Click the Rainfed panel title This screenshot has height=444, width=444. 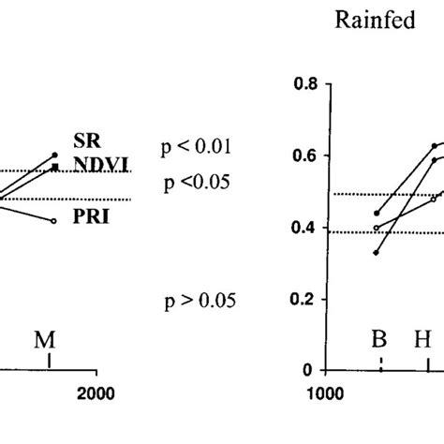[376, 22]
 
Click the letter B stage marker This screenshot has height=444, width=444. [378, 339]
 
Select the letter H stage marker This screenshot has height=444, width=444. [422, 339]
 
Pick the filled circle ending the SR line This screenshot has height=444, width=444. [55, 155]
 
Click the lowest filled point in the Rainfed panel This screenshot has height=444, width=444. [377, 253]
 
